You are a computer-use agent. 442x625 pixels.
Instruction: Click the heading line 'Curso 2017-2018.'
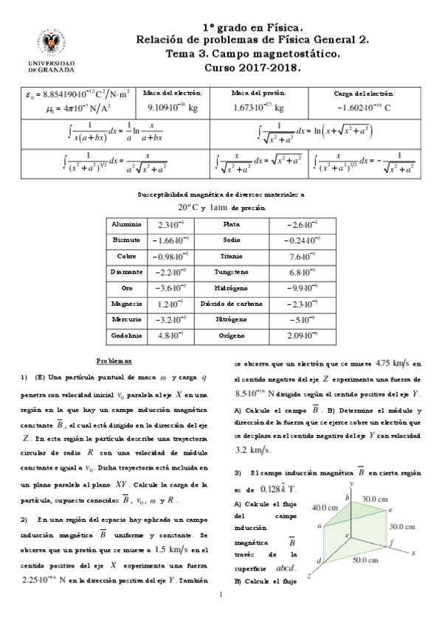click(252, 68)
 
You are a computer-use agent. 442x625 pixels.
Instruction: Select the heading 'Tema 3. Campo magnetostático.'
click(252, 54)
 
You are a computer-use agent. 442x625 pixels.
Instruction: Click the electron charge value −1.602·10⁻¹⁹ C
click(364, 108)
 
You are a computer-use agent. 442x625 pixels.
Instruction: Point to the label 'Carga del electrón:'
click(364, 94)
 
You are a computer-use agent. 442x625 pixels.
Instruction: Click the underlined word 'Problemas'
click(114, 361)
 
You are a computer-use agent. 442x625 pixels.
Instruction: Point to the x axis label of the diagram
click(414, 551)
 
